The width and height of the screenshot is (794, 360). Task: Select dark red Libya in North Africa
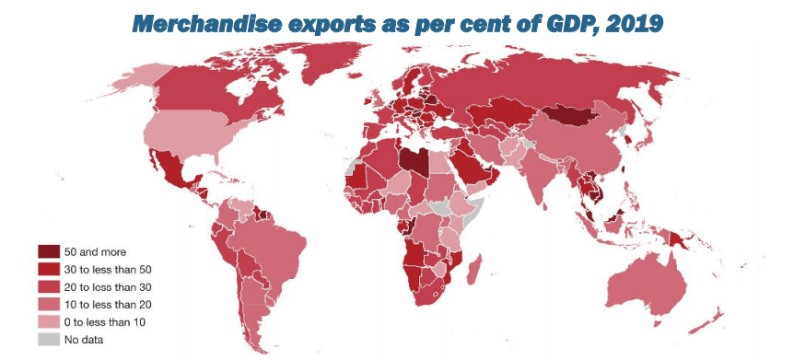414,160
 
